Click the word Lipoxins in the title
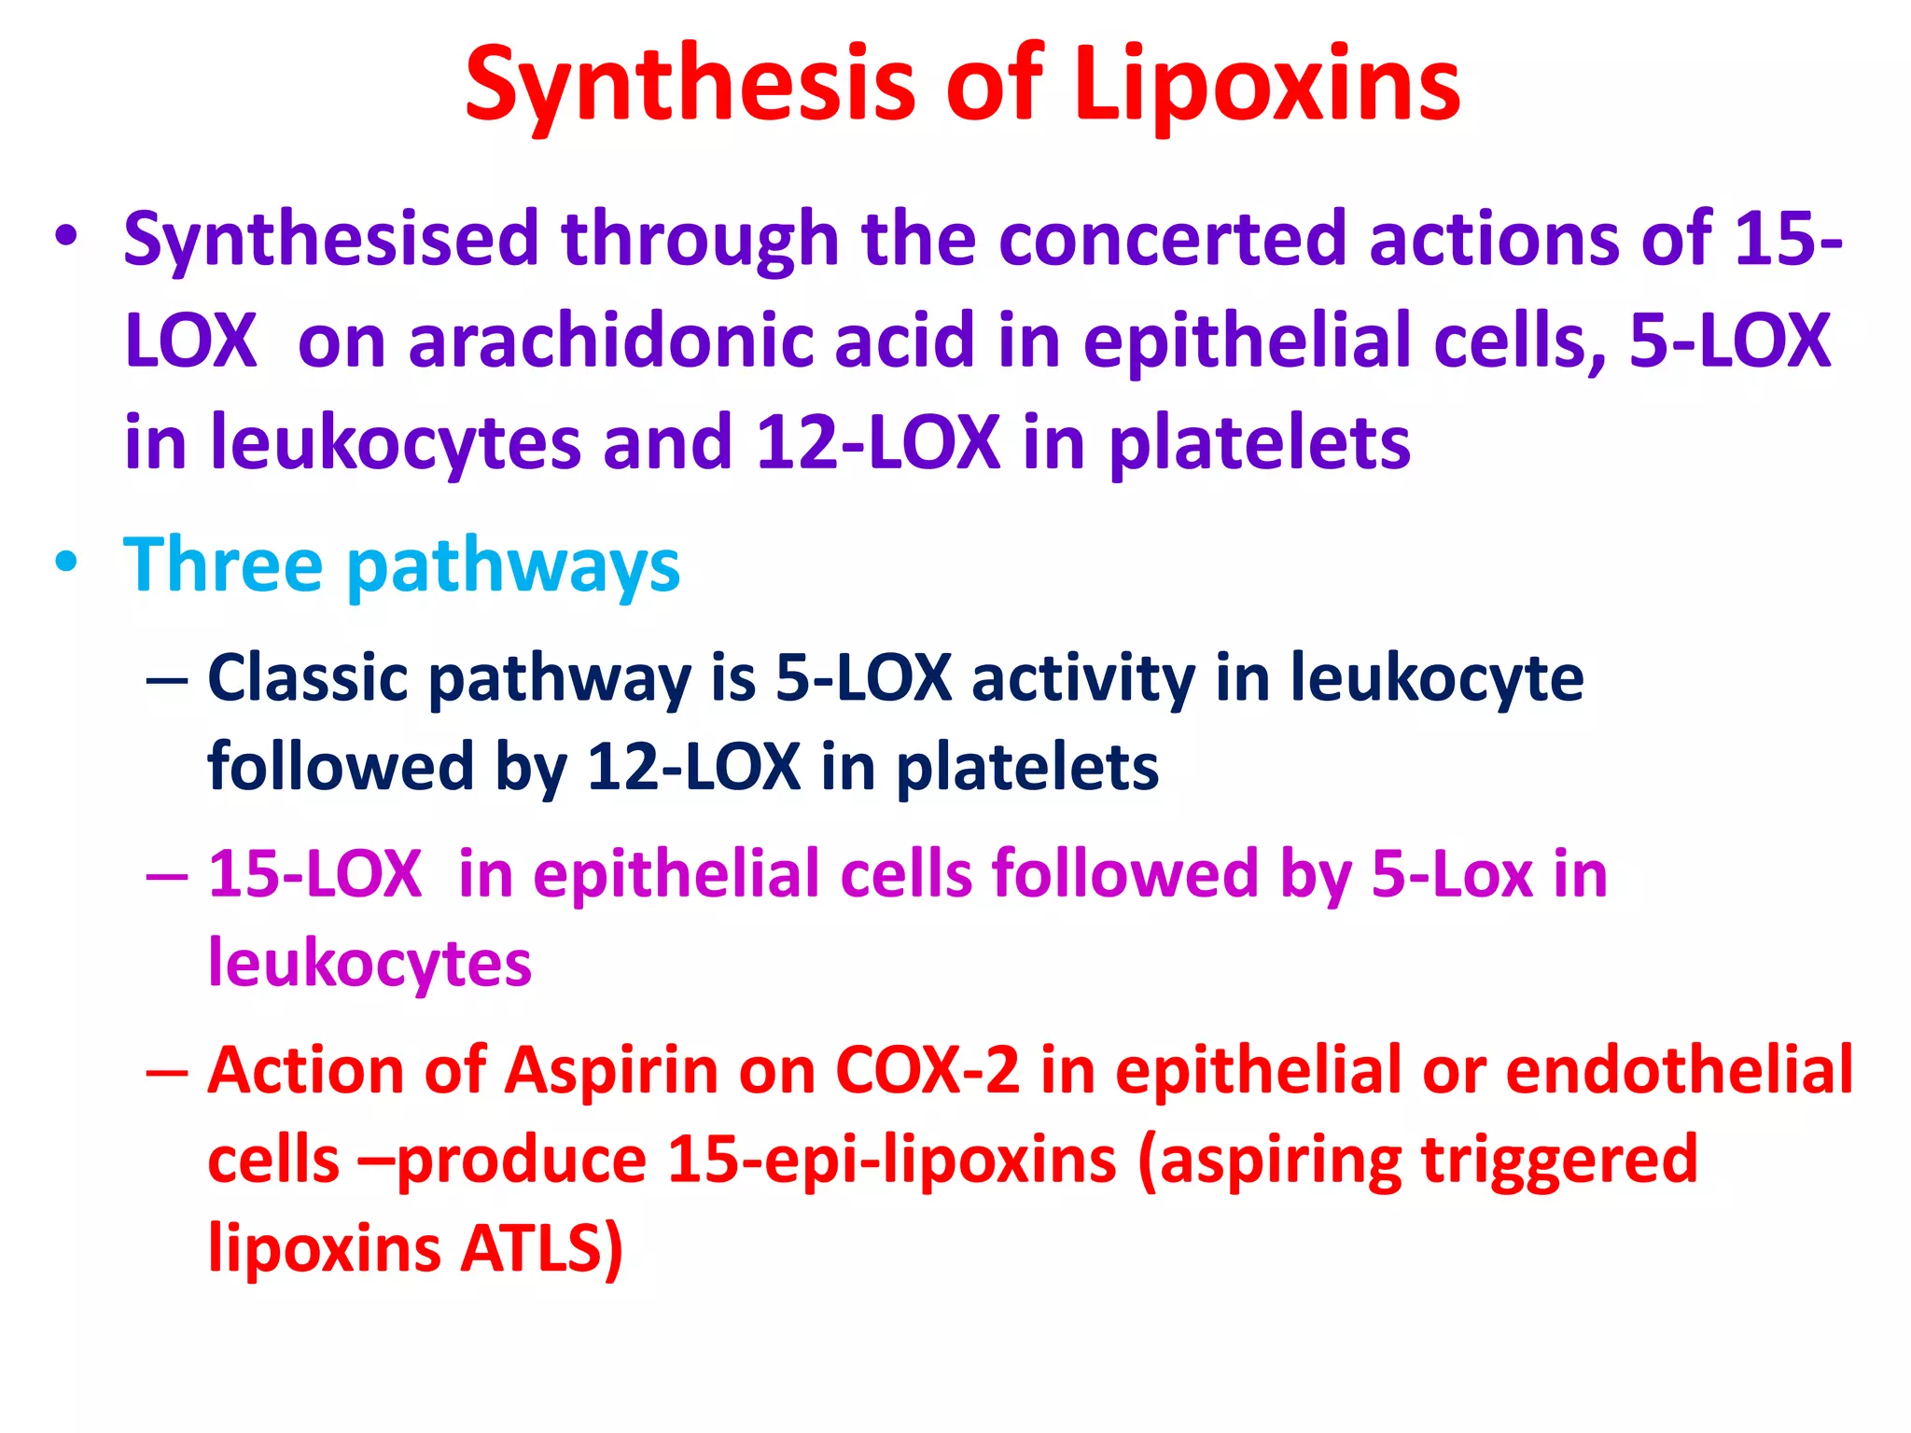[1266, 86]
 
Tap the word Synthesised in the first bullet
[331, 241]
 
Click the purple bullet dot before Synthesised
[66, 236]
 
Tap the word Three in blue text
[223, 565]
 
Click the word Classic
[307, 677]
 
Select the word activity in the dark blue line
[1083, 677]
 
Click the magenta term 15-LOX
[314, 875]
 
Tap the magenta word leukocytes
[370, 964]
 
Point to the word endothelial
[1679, 1071]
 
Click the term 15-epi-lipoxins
[892, 1162]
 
